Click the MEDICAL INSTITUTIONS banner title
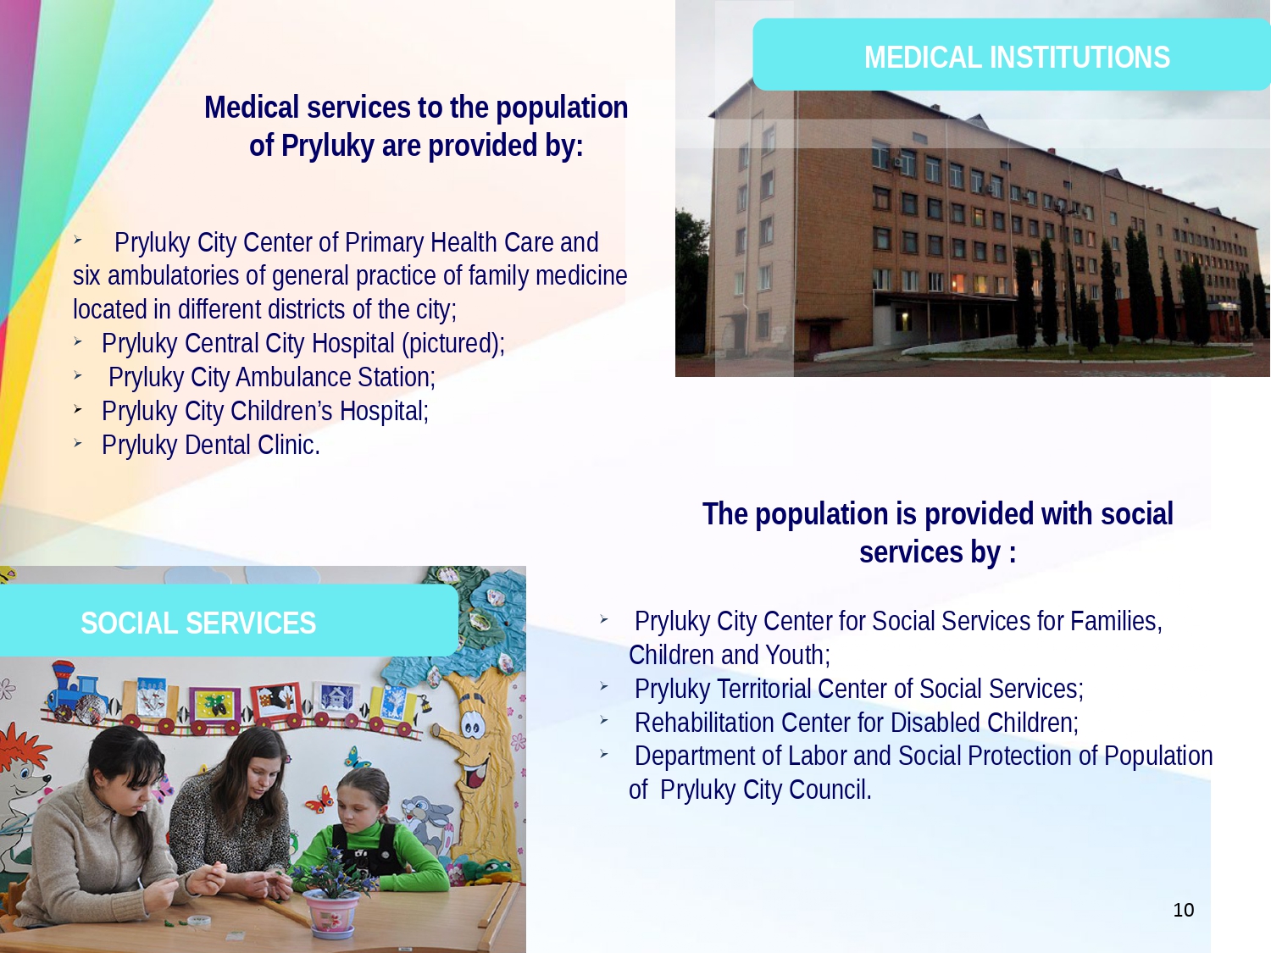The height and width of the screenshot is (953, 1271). [1017, 58]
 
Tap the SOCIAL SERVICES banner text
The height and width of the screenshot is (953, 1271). [198, 623]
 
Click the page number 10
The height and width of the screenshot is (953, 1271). [1184, 910]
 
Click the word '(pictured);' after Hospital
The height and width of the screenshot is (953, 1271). [453, 344]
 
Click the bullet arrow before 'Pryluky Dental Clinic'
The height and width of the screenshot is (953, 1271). [78, 444]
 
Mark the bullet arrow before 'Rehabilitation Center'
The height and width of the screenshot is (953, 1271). [604, 720]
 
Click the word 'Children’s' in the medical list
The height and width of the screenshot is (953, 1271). [281, 412]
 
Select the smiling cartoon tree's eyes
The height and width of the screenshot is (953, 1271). [471, 725]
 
